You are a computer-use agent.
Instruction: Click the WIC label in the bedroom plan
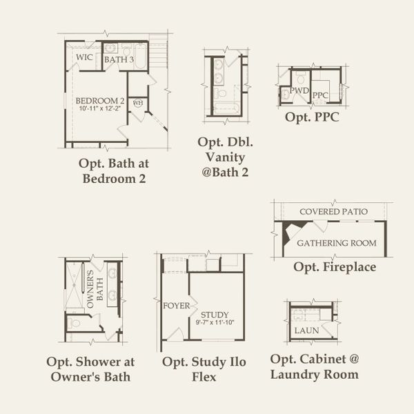tap(85, 57)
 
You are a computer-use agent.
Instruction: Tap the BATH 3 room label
tap(119, 60)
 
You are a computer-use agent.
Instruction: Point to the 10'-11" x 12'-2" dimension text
tap(100, 108)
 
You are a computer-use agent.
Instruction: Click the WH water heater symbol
tap(137, 103)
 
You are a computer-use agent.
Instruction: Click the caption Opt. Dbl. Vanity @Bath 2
tap(225, 157)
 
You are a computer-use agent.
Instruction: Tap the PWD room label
tap(299, 90)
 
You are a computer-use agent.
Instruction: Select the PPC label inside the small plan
tap(319, 95)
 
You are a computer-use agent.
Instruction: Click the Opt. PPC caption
tap(312, 117)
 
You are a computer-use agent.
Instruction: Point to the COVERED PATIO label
tap(333, 211)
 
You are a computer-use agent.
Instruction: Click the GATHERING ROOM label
tap(336, 243)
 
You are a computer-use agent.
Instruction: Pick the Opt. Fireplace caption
tap(335, 266)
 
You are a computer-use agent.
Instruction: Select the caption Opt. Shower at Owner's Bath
tap(90, 369)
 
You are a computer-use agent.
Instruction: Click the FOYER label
tap(176, 305)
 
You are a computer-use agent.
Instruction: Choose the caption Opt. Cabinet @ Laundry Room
tap(314, 367)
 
